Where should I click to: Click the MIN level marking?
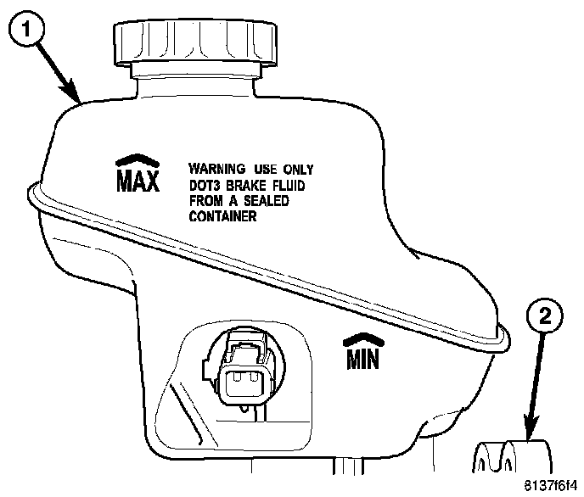(362, 360)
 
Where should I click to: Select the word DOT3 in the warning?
(205, 184)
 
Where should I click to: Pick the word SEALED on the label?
(265, 200)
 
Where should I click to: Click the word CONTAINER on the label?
(223, 216)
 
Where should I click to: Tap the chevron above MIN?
(362, 340)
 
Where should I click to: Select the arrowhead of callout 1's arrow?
(78, 100)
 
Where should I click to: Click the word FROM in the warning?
(204, 200)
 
